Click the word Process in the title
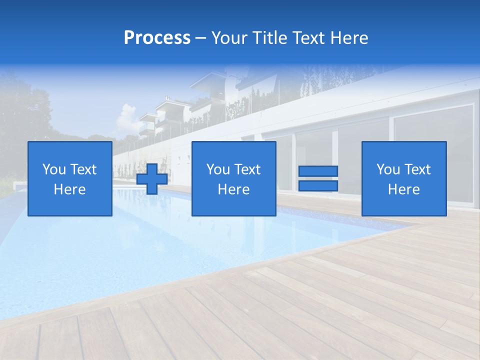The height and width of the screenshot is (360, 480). (x=157, y=37)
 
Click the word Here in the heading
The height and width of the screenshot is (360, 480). (x=350, y=37)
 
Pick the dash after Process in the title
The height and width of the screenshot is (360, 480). (x=200, y=38)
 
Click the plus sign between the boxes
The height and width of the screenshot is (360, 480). (x=152, y=179)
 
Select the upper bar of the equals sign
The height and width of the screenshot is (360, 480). (x=318, y=171)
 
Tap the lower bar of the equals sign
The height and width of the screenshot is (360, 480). (x=318, y=186)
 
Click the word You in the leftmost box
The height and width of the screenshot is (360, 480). (x=53, y=169)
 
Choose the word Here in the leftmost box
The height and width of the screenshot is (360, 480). (x=69, y=189)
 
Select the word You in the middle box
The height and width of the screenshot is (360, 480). (x=217, y=169)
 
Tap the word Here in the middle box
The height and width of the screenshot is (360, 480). (x=233, y=189)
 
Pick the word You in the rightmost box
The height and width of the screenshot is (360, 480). (x=387, y=169)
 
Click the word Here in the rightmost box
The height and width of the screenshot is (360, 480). (x=403, y=189)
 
